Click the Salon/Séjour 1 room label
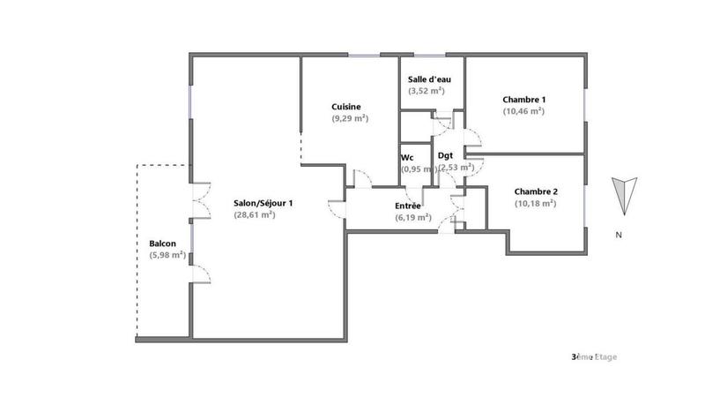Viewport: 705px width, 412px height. pos(263,203)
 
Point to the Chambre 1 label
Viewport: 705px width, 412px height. pos(523,99)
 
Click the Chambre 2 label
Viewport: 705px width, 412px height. pos(536,191)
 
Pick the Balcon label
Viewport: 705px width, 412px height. pos(162,243)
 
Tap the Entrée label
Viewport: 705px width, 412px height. pos(408,206)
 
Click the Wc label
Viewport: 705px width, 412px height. pos(407,157)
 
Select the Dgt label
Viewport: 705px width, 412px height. pos(446,155)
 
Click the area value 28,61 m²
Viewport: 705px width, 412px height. pos(256,214)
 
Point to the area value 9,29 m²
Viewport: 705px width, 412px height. pos(349,118)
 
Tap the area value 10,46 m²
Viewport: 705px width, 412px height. pos(523,111)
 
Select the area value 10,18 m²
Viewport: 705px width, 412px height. pos(535,203)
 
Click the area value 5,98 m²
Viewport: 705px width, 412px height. pos(167,255)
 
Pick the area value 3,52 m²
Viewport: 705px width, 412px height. pos(427,91)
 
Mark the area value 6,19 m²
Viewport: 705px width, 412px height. pos(412,217)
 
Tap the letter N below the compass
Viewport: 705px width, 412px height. pos(620,235)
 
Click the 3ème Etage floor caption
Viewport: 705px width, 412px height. pos(594,356)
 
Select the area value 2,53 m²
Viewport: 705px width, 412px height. pos(456,167)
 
